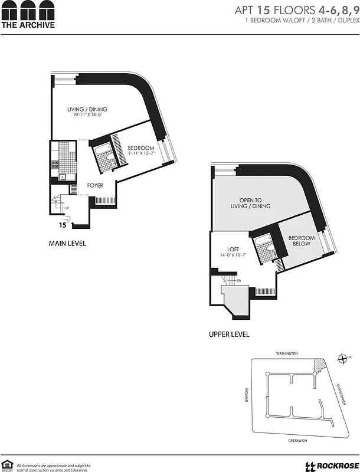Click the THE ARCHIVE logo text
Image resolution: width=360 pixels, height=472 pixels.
coord(28,25)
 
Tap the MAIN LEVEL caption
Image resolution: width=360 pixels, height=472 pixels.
coord(68,243)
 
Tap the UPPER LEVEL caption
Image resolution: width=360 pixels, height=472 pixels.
coord(229,334)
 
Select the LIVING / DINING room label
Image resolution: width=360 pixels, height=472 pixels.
coord(87,109)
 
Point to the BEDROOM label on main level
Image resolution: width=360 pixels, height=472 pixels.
coord(141,147)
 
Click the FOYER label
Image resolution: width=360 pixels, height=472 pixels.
coord(95,185)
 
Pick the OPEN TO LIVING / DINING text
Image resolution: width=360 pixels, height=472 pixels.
coord(251,203)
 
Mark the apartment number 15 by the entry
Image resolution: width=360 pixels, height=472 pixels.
coord(61,225)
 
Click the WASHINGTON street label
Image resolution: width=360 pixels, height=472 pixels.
coord(287,353)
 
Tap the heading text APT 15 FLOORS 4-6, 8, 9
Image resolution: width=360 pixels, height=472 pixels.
coord(297,10)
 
